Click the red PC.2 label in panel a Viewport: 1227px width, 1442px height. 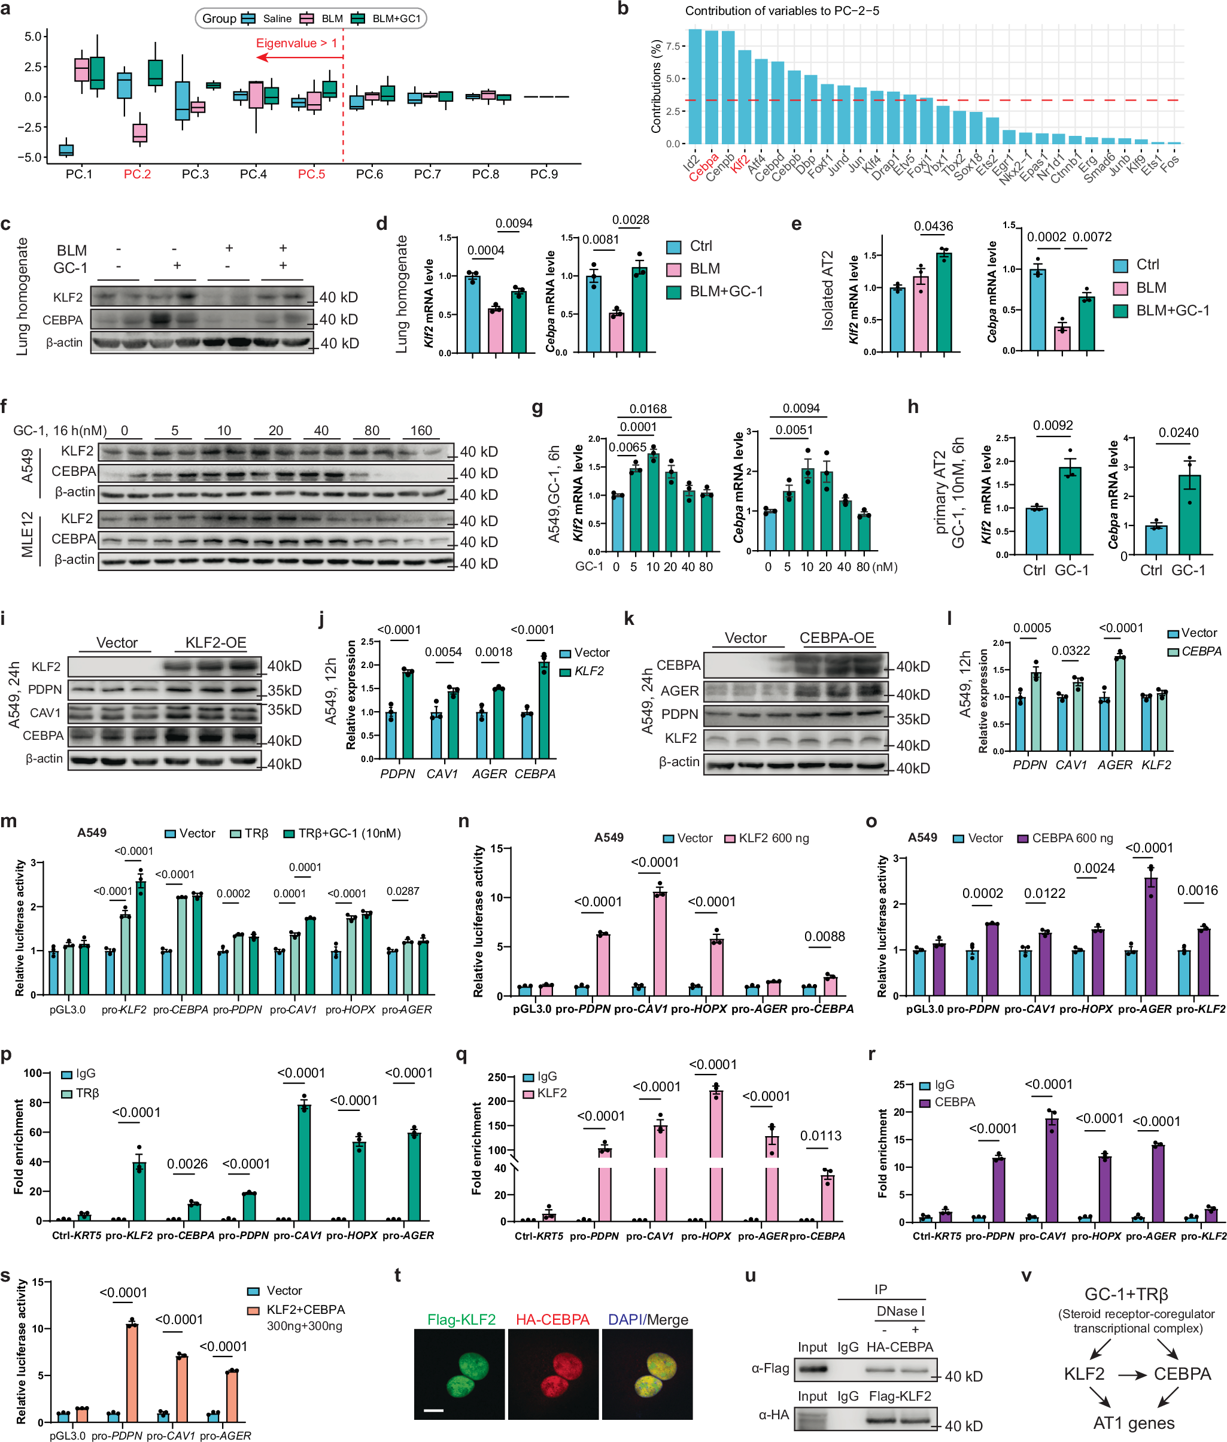pyautogui.click(x=137, y=174)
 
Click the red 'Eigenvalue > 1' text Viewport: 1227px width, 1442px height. pyautogui.click(x=296, y=43)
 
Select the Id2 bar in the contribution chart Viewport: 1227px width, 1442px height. pyautogui.click(x=694, y=86)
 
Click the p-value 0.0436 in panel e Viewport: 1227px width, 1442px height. pyautogui.click(x=934, y=226)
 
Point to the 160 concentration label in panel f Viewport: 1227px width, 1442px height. pyautogui.click(x=421, y=430)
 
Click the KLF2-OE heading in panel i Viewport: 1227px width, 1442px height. pyautogui.click(x=215, y=642)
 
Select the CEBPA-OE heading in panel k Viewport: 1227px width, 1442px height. pyautogui.click(x=836, y=638)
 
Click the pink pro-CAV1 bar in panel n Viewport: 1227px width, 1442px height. pyautogui.click(x=659, y=943)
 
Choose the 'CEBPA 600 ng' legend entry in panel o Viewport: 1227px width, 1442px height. pyautogui.click(x=1072, y=838)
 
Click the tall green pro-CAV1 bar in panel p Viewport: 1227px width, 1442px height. pyautogui.click(x=304, y=1162)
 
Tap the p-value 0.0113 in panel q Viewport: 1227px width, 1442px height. pyautogui.click(x=821, y=1136)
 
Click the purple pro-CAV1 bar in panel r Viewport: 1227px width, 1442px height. pyautogui.click(x=1051, y=1170)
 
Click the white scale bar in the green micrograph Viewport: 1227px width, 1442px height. pyautogui.click(x=433, y=1411)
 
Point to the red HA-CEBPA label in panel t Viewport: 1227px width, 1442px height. pyautogui.click(x=552, y=1319)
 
